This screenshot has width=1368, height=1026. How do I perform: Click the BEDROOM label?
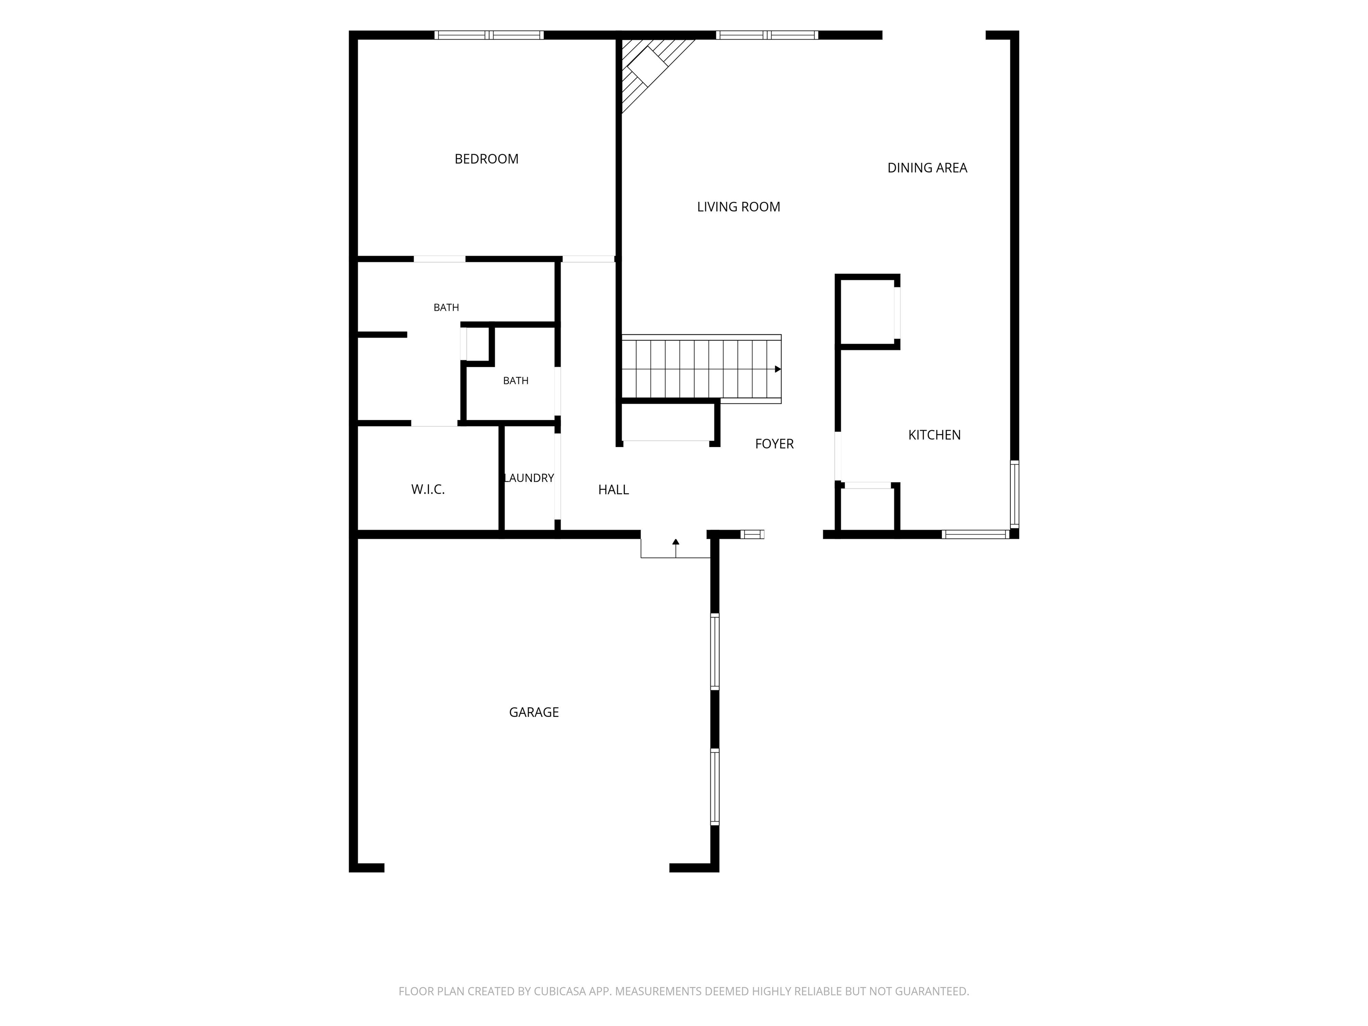click(486, 159)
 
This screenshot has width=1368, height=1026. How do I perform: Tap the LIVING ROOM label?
click(738, 207)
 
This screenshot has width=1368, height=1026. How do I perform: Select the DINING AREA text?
click(927, 167)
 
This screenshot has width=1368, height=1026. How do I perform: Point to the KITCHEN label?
click(934, 435)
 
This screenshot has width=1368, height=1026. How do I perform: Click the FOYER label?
click(774, 444)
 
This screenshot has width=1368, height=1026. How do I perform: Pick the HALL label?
click(614, 490)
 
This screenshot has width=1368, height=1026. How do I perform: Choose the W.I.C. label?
click(428, 490)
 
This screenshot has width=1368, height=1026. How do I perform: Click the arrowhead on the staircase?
click(778, 369)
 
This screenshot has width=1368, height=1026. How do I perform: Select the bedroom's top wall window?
click(489, 35)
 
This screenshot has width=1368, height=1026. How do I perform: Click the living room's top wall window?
click(767, 35)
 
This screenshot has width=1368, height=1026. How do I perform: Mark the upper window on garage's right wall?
click(715, 651)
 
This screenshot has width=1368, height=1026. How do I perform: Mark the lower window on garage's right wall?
click(715, 787)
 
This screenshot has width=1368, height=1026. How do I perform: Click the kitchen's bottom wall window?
click(976, 534)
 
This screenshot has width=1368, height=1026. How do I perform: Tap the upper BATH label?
click(446, 307)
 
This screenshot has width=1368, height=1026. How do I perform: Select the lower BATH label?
click(516, 381)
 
